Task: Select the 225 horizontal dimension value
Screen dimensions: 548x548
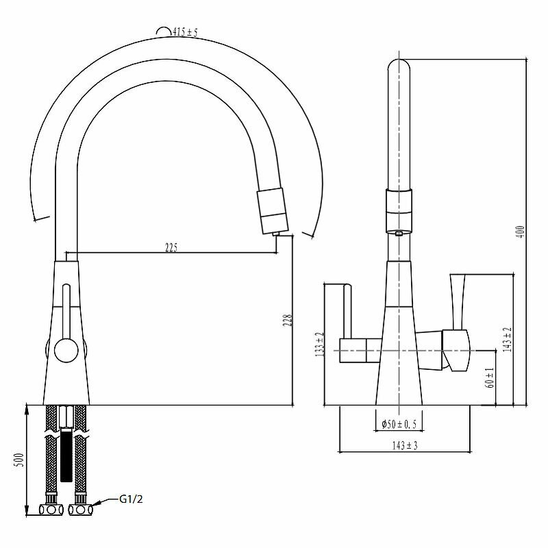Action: coord(171,247)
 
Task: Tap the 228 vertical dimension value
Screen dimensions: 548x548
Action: coord(288,321)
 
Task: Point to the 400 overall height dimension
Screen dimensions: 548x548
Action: coord(521,232)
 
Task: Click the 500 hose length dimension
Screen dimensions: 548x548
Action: coord(21,460)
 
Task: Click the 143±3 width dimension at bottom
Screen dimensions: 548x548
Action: coord(404,446)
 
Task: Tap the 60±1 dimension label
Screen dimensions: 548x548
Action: coord(490,377)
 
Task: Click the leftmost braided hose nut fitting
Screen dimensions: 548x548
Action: coord(50,510)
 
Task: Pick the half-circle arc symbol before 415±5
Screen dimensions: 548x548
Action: coord(163,30)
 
